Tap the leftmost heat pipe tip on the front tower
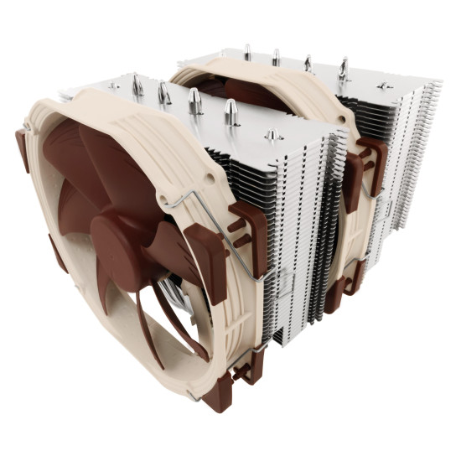(x=136, y=84)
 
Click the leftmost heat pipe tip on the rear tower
(x=247, y=51)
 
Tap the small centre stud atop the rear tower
(x=384, y=85)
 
